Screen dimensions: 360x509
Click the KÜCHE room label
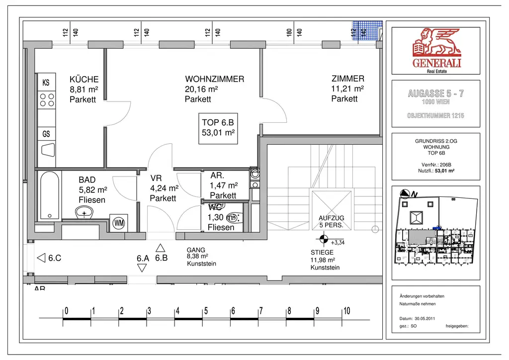pyautogui.click(x=84, y=79)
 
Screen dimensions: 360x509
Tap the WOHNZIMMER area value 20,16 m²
pyautogui.click(x=202, y=89)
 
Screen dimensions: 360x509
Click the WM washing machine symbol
pyautogui.click(x=119, y=223)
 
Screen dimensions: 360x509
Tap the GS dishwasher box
pyautogui.click(x=46, y=134)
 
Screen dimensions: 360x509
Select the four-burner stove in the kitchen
pyautogui.click(x=47, y=100)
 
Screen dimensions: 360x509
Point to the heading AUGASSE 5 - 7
pyautogui.click(x=435, y=93)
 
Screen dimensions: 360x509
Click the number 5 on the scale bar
pyautogui.click(x=206, y=311)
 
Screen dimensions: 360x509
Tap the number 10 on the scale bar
pyautogui.click(x=346, y=311)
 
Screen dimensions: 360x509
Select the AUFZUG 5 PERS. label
pyautogui.click(x=331, y=222)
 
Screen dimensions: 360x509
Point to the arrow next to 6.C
pyautogui.click(x=41, y=258)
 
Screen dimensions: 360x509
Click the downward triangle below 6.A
pyautogui.click(x=142, y=268)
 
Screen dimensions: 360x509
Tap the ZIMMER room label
pyautogui.click(x=347, y=79)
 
